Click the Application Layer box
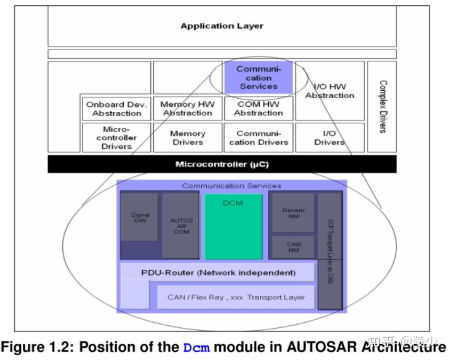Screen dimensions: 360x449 tap(222, 26)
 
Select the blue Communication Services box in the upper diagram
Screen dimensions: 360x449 tap(258, 77)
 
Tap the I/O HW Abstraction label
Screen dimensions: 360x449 tap(330, 91)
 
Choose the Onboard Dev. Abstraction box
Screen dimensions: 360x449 tap(117, 109)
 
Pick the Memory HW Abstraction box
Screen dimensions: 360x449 tap(187, 109)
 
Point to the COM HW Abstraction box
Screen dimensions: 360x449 tap(258, 109)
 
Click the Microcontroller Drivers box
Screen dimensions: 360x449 tap(117, 138)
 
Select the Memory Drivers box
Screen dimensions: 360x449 tap(187, 138)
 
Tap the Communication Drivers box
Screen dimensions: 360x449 tap(258, 138)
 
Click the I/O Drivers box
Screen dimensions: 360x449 tap(330, 138)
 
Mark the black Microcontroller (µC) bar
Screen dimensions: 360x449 tap(222, 164)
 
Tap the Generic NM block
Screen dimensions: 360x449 tap(293, 213)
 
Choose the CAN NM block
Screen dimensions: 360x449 tap(293, 247)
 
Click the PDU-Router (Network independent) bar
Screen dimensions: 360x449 tap(218, 273)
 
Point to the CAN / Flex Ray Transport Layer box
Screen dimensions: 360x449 tap(236, 297)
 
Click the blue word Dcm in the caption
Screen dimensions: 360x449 tap(196, 348)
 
